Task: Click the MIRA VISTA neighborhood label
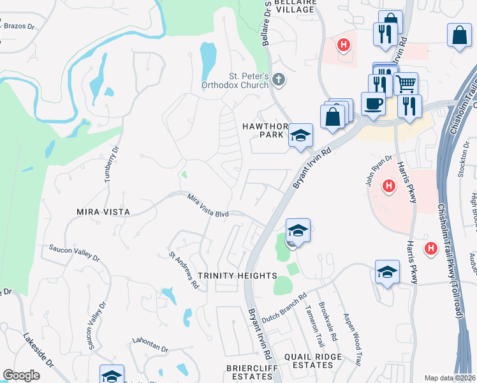[x=103, y=211]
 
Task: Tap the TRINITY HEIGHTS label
[x=237, y=276]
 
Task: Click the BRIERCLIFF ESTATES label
[x=249, y=372]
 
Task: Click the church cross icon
[x=278, y=80]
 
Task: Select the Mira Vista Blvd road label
[x=208, y=207]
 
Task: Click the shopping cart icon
[x=406, y=83]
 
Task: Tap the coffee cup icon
[x=373, y=103]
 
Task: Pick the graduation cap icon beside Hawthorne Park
[x=300, y=135]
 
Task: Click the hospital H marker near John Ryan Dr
[x=388, y=186]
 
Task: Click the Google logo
[x=22, y=375]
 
